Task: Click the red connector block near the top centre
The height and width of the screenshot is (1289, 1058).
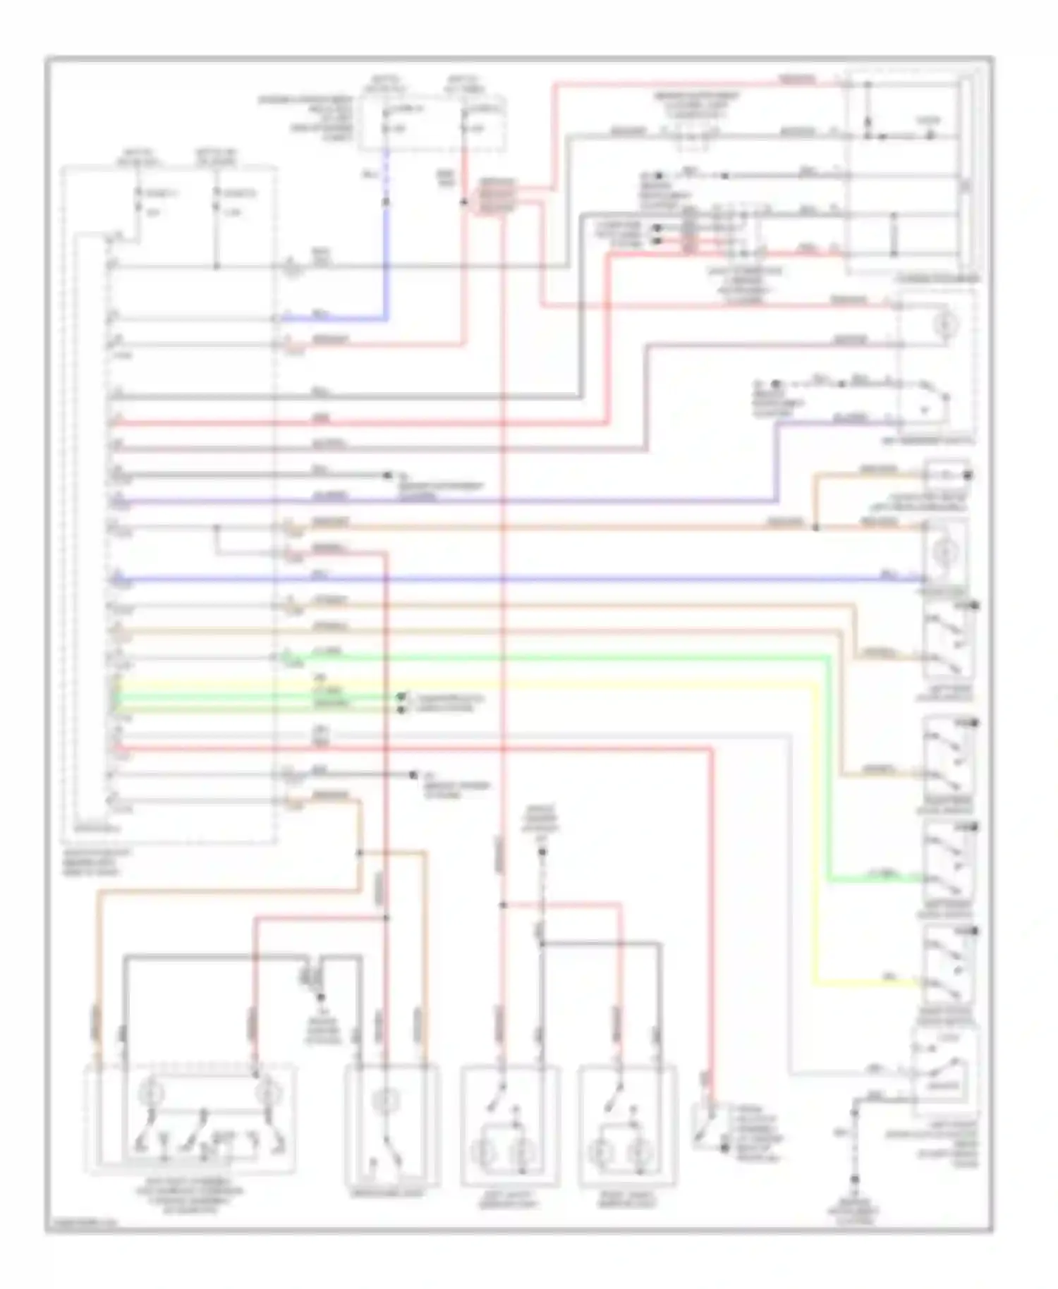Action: pyautogui.click(x=498, y=197)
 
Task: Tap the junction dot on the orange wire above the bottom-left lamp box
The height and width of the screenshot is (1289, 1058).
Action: pyautogui.click(x=360, y=853)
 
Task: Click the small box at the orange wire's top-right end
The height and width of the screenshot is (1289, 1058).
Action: pyautogui.click(x=947, y=474)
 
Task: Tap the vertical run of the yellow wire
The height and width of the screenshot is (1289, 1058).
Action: pyautogui.click(x=816, y=832)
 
